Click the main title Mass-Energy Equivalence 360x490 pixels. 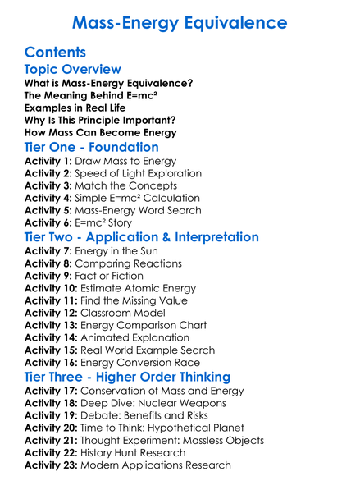(x=180, y=21)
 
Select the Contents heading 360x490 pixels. (x=55, y=51)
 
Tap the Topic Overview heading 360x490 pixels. (x=73, y=70)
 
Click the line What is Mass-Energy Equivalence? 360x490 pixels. (x=108, y=84)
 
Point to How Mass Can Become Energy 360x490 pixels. (x=99, y=131)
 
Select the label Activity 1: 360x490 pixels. (x=48, y=163)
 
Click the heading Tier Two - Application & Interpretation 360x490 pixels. (x=141, y=237)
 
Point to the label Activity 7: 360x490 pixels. (x=48, y=251)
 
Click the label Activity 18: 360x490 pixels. (x=51, y=403)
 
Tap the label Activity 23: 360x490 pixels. (x=51, y=465)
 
